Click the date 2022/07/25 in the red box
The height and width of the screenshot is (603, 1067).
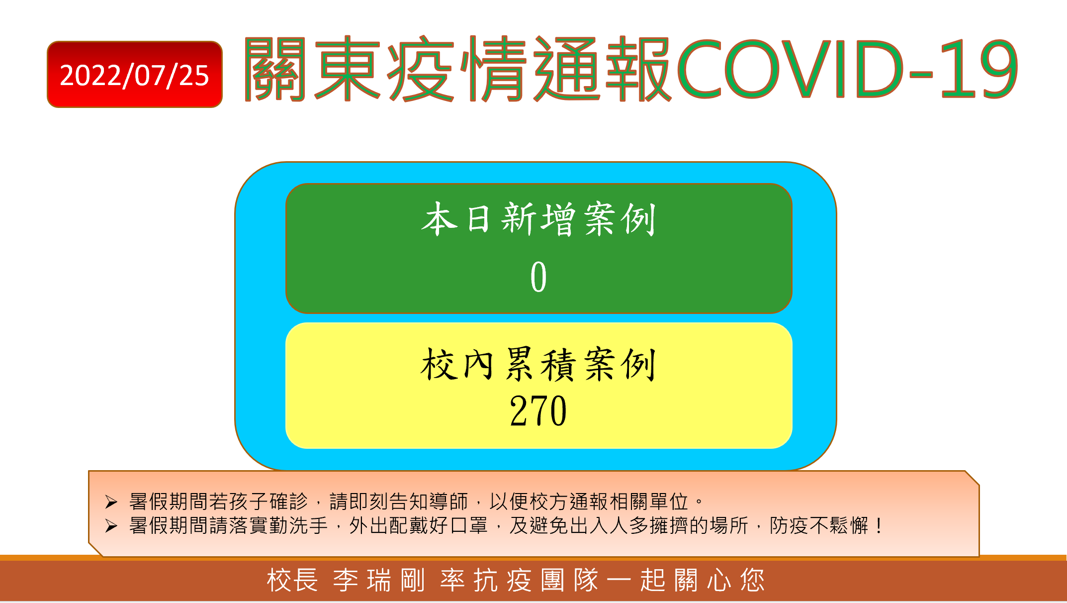pyautogui.click(x=134, y=76)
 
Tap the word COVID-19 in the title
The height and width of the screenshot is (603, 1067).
pyautogui.click(x=847, y=69)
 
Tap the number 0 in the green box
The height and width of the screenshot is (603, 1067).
pyautogui.click(x=538, y=277)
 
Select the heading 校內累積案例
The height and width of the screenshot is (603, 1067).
pyautogui.click(x=538, y=364)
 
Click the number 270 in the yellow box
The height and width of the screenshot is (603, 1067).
pyautogui.click(x=538, y=411)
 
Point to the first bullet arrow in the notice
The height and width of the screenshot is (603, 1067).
pyautogui.click(x=111, y=502)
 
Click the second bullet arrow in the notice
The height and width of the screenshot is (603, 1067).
pyautogui.click(x=111, y=526)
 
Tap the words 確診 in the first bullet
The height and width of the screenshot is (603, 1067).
pyautogui.click(x=289, y=502)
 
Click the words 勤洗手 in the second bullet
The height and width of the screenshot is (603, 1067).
pyautogui.click(x=299, y=525)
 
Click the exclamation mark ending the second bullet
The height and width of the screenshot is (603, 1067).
pyautogui.click(x=879, y=525)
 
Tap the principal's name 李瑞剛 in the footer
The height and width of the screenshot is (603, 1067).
pyautogui.click(x=379, y=580)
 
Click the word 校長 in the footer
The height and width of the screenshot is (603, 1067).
pyautogui.click(x=292, y=580)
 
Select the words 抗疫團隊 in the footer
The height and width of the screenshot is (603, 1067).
pyautogui.click(x=536, y=580)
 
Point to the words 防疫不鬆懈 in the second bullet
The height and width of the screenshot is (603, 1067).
pyautogui.click(x=819, y=525)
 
